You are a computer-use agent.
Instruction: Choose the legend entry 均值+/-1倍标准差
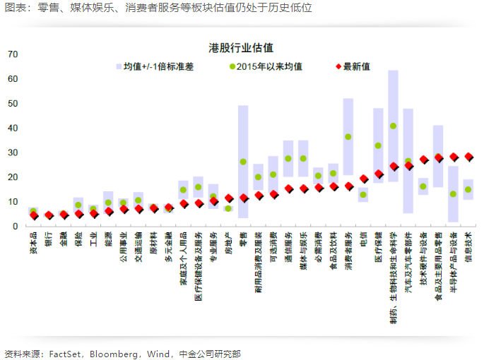click(x=158, y=67)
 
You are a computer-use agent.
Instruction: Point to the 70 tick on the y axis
click(x=13, y=54)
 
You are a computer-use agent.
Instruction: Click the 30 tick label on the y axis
click(x=13, y=152)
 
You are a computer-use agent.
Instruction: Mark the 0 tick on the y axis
click(x=15, y=226)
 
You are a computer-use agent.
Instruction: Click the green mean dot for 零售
click(x=243, y=162)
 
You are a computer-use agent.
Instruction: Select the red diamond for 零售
click(x=243, y=198)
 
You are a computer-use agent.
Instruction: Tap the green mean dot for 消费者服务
click(x=348, y=137)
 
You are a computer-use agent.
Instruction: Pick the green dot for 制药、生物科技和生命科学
click(x=394, y=126)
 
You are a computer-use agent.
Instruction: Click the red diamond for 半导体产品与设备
click(x=454, y=157)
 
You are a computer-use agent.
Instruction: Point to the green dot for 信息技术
click(x=468, y=189)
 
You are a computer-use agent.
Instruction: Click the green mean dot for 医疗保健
click(x=379, y=145)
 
